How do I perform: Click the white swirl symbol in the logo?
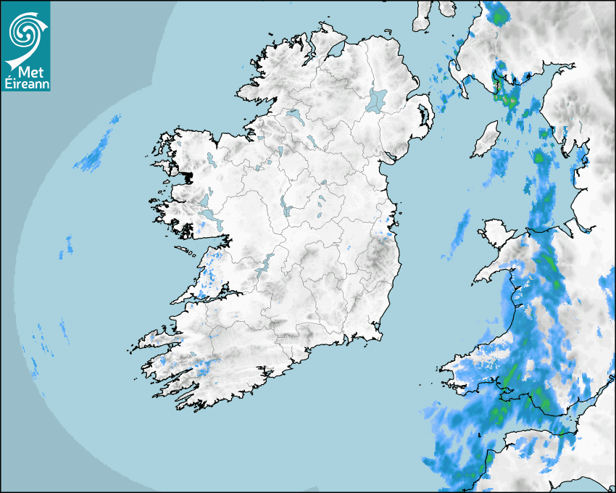[25, 30]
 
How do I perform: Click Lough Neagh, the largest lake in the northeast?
[377, 100]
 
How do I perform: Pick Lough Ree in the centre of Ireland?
[285, 207]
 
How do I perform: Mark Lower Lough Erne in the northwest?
[294, 114]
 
